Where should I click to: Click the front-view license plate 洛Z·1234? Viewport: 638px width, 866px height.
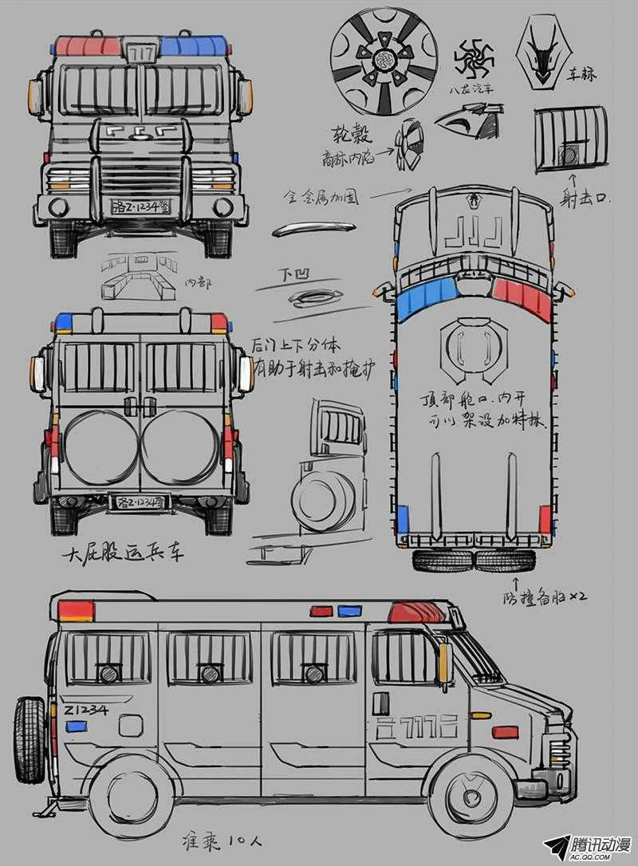[x=141, y=207]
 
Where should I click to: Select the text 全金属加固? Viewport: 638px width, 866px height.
[x=322, y=195]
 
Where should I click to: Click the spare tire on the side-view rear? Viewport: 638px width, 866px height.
[x=30, y=738]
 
